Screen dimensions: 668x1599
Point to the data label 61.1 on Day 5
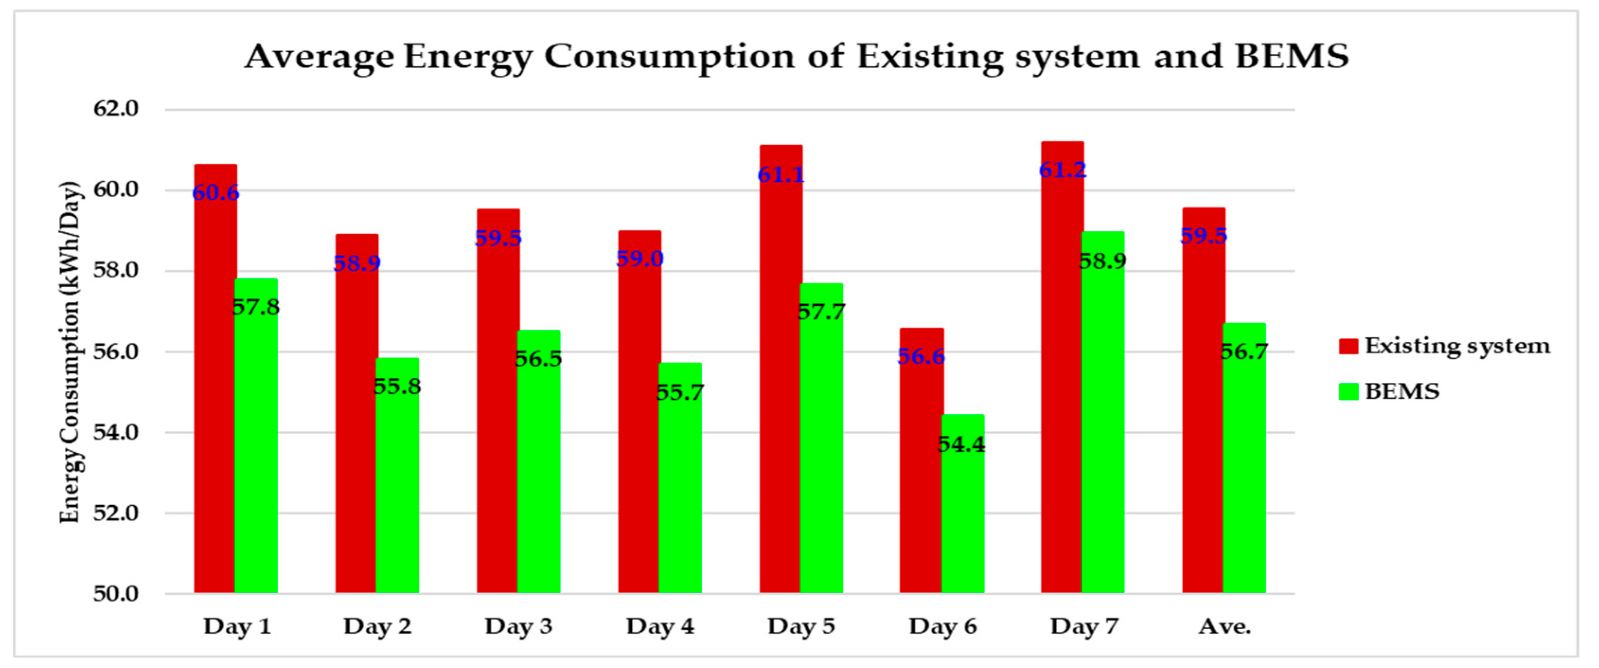tap(781, 175)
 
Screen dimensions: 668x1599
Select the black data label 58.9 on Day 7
tap(1103, 261)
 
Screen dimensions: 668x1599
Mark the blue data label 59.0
tap(639, 258)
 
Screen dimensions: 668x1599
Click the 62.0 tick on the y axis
tap(116, 109)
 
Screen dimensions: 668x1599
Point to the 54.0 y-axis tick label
tap(116, 432)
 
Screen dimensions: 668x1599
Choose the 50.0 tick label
tap(116, 594)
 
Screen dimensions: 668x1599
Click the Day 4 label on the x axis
tap(660, 626)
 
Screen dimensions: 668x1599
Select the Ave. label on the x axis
tap(1225, 626)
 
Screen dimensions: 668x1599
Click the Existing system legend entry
tap(1456, 346)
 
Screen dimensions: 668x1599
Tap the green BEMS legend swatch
tap(1348, 391)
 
